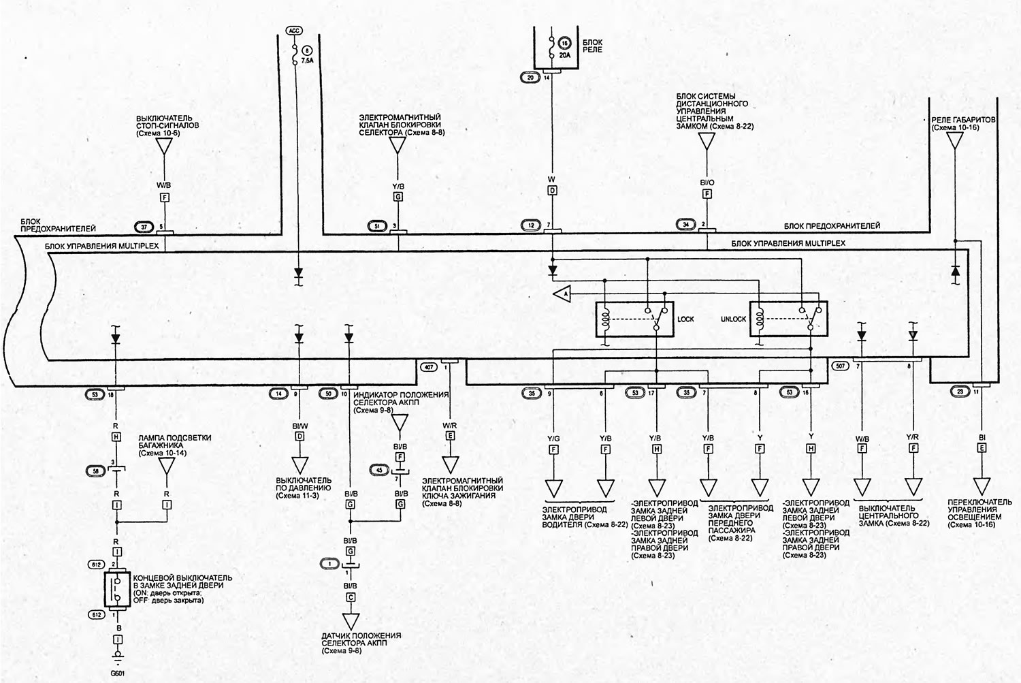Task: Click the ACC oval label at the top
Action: click(x=293, y=31)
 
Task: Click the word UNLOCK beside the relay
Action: click(x=733, y=319)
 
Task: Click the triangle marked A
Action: click(x=562, y=293)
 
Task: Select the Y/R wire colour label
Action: click(x=912, y=438)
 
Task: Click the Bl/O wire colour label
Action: click(x=707, y=182)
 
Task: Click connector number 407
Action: click(x=428, y=366)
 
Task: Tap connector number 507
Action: click(x=840, y=366)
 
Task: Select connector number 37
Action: click(x=144, y=226)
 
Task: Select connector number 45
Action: click(x=379, y=469)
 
